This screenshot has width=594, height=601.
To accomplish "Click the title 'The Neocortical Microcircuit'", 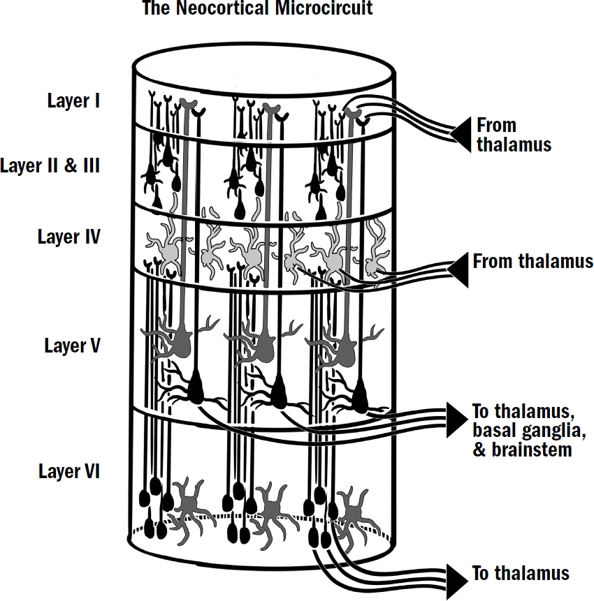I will point(257,8).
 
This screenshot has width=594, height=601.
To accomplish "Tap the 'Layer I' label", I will point(73,101).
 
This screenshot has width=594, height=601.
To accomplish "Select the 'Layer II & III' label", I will point(50,166).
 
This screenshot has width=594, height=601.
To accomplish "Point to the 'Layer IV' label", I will point(68,237).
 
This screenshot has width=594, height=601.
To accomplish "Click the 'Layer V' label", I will point(72,346).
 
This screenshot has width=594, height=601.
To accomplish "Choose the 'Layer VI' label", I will point(69,471).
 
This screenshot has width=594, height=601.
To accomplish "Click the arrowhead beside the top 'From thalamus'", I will point(462,135).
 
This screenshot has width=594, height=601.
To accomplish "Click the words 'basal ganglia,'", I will point(528,429).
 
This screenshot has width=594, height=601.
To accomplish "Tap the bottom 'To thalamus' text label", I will point(521,574).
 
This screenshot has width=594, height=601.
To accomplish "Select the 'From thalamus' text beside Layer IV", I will point(533,262).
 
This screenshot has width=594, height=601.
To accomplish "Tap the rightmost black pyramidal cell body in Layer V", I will point(361,397).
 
